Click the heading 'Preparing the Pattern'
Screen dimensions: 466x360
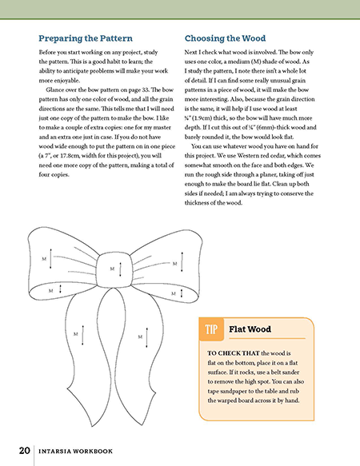click(85, 38)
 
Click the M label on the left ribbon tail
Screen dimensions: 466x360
click(75, 330)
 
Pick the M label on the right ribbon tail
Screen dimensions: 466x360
click(139, 336)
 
